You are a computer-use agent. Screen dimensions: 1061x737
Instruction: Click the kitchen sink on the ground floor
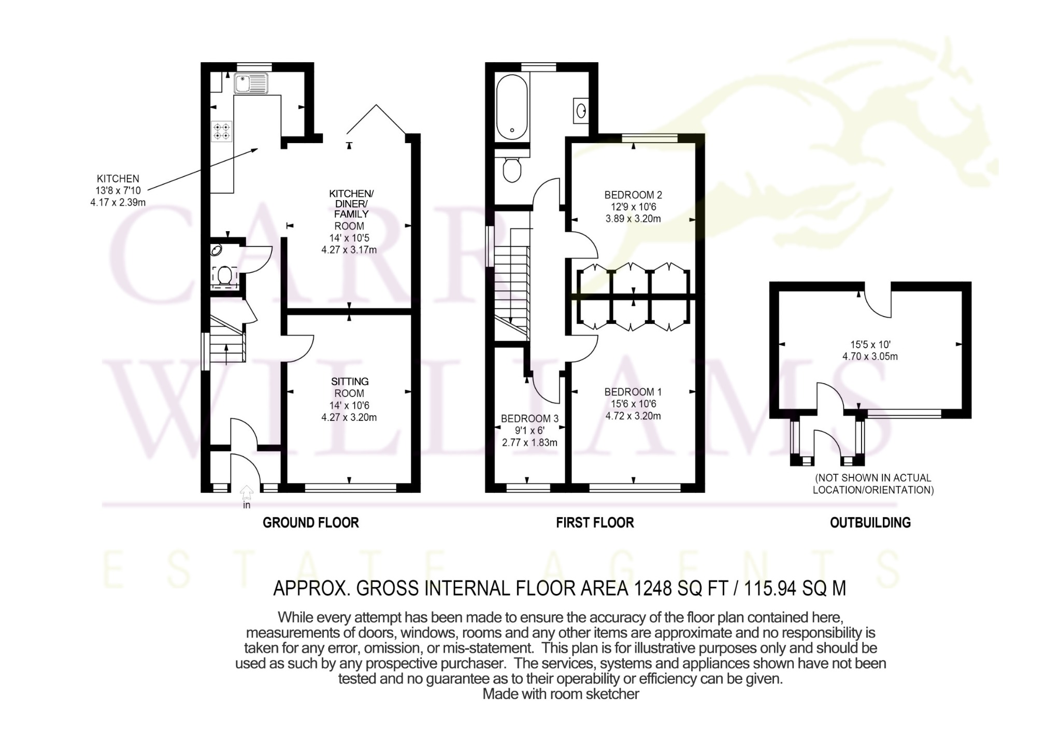tap(251, 83)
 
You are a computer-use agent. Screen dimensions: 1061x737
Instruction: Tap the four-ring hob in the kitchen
tap(222, 131)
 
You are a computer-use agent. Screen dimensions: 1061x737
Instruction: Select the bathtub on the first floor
tap(512, 107)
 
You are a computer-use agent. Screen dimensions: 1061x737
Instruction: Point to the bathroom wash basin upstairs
tap(581, 110)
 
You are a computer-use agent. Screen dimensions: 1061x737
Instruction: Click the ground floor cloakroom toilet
tap(225, 275)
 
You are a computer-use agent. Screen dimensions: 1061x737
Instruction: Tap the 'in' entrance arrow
tap(247, 492)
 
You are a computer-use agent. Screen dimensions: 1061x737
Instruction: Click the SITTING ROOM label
tap(350, 387)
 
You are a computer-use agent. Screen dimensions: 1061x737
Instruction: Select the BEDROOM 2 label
tap(633, 195)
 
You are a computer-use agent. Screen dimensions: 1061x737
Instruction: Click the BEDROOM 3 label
tap(529, 418)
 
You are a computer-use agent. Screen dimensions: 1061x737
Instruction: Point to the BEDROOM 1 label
tap(633, 392)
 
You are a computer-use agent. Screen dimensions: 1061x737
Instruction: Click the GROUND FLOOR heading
tap(311, 522)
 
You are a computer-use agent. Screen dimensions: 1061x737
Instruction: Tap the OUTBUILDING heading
tap(870, 522)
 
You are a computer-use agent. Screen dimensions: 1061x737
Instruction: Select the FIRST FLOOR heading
tap(595, 522)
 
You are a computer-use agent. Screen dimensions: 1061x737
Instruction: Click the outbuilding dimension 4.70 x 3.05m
tap(870, 357)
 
